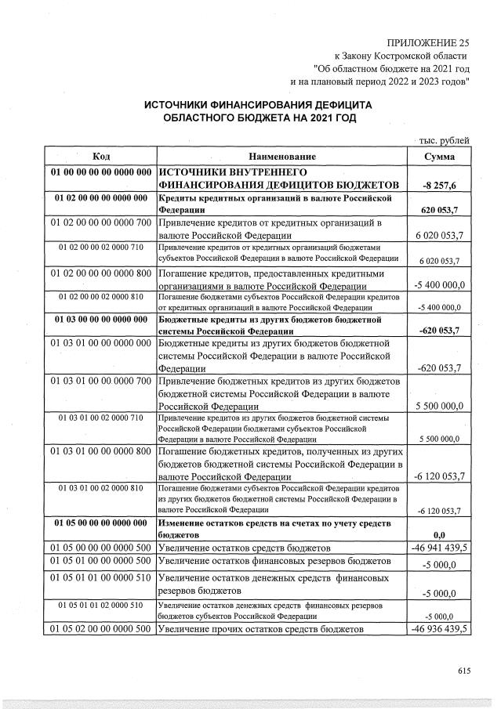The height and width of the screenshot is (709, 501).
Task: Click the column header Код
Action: click(x=100, y=157)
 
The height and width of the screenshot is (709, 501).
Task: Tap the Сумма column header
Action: click(x=439, y=157)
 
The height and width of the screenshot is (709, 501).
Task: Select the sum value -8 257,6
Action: click(x=439, y=185)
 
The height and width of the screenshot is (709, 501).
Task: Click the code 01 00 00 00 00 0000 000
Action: click(x=100, y=172)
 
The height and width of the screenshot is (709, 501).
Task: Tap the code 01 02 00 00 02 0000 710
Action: click(x=100, y=248)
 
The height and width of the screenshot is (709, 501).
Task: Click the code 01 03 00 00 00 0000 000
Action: click(x=100, y=320)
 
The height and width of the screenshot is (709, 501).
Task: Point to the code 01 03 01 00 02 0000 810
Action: click(x=100, y=488)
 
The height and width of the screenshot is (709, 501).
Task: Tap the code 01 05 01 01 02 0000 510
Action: click(x=100, y=606)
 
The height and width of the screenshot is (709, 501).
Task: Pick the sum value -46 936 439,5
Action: click(x=440, y=629)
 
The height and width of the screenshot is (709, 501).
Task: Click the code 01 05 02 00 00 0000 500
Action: click(x=100, y=629)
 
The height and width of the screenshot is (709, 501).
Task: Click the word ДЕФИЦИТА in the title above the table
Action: click(x=332, y=103)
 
